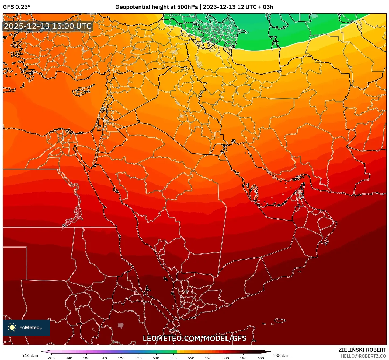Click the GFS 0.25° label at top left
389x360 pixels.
[x=16, y=7]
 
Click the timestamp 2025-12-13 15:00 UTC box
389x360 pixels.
[x=48, y=26]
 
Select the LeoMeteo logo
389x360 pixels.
[x=26, y=327]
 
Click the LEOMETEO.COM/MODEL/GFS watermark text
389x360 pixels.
[x=194, y=338]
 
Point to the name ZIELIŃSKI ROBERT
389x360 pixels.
[x=362, y=350]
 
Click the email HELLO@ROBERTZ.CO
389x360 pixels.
[x=363, y=356]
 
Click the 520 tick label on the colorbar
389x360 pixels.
[x=121, y=358]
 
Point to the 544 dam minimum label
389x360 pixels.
[x=30, y=355]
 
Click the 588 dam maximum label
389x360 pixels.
[x=282, y=355]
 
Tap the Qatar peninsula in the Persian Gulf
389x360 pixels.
[x=253, y=192]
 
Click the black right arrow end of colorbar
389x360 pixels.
[x=268, y=351]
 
